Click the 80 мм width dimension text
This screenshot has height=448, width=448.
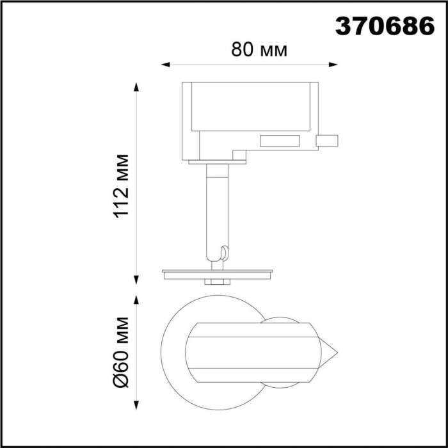click(x=260, y=50)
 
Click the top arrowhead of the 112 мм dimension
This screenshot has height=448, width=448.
click(x=136, y=86)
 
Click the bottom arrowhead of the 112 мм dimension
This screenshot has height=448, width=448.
click(x=136, y=279)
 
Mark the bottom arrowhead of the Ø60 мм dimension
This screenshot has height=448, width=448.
click(x=136, y=406)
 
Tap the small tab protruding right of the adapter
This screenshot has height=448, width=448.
click(x=328, y=141)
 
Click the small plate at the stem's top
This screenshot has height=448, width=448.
click(x=218, y=162)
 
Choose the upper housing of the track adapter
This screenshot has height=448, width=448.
click(x=250, y=106)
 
